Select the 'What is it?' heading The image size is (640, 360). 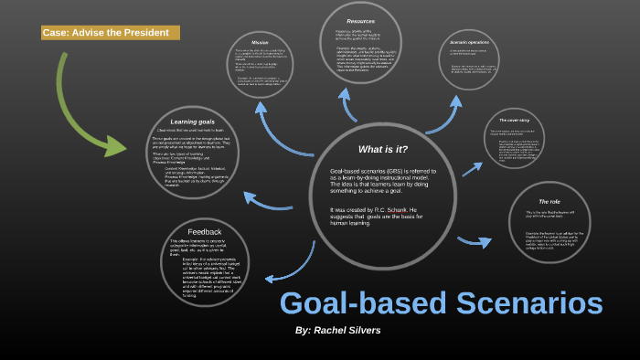382,149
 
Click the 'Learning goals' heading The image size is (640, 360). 192,122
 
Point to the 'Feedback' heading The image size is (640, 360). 205,231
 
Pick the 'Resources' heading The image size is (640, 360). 360,21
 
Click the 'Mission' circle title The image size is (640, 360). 260,42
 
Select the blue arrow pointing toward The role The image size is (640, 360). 475,241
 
